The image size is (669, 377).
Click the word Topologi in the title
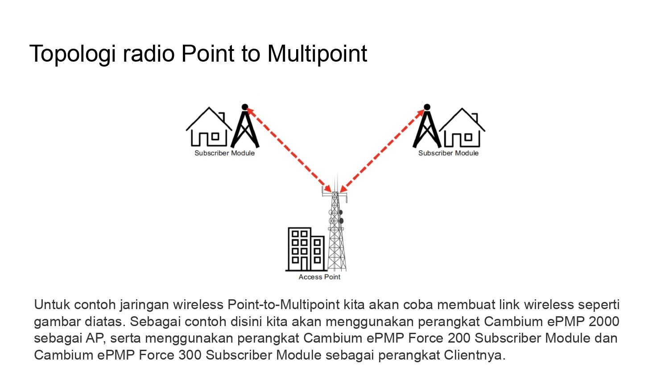click(72, 54)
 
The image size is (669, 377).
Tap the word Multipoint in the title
click(317, 54)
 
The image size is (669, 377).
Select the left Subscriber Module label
click(225, 153)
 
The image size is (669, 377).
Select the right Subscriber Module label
click(448, 153)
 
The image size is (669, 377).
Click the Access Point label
click(319, 277)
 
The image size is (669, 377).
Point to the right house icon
click(462, 127)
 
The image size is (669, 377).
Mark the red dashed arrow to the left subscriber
click(289, 150)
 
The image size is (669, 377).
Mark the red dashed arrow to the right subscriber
click(383, 150)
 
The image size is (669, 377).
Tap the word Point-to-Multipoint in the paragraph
click(283, 305)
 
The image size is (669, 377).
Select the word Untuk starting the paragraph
click(52, 305)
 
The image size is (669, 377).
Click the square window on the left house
click(215, 137)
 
